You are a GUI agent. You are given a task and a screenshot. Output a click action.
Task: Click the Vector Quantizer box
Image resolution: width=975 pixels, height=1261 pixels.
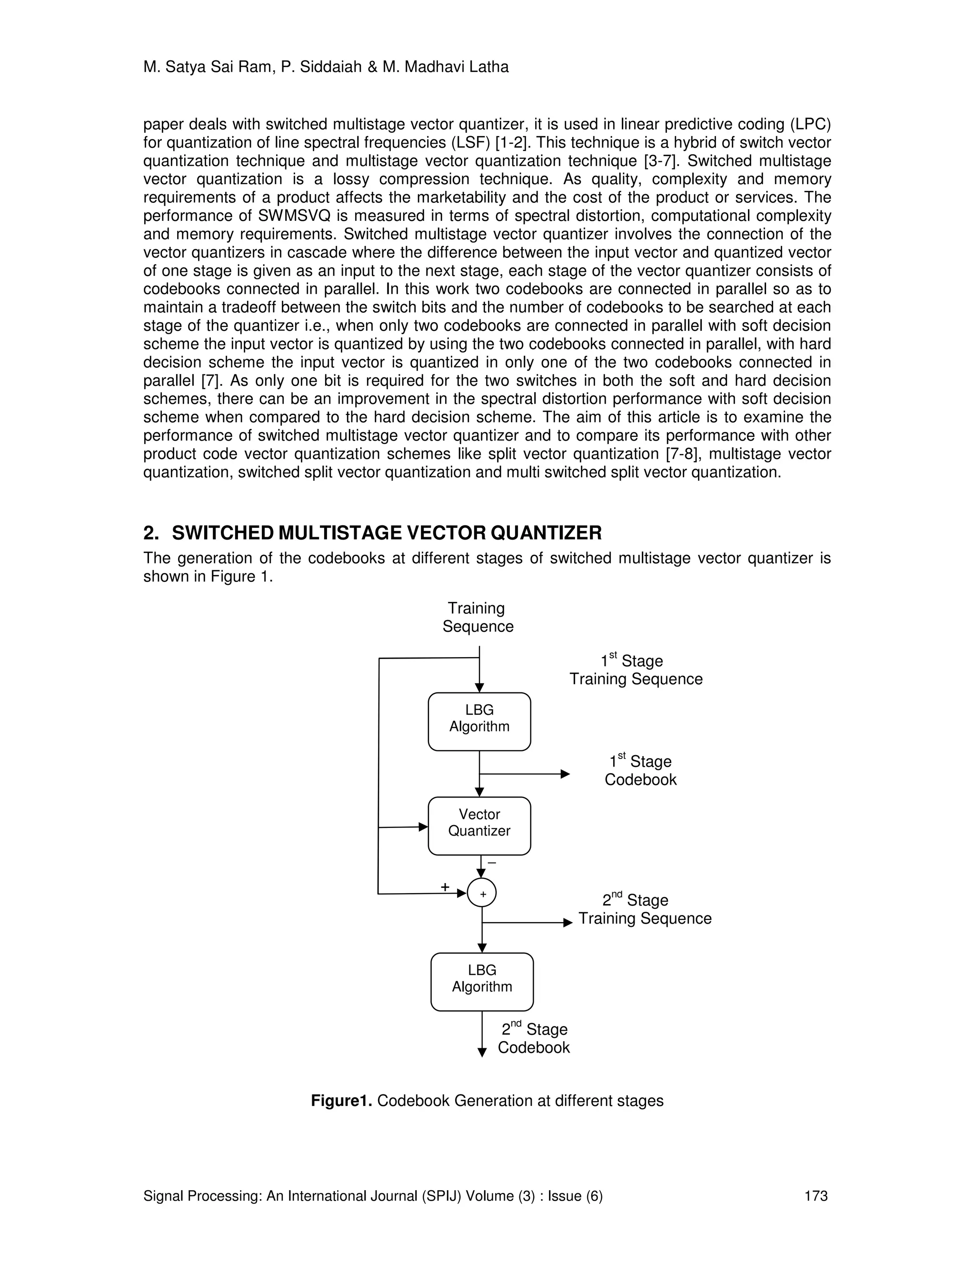(479, 826)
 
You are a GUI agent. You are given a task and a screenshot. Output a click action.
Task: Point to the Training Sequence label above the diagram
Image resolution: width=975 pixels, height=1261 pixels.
(478, 617)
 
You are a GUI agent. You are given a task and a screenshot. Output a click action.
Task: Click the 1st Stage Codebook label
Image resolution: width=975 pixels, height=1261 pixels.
(640, 771)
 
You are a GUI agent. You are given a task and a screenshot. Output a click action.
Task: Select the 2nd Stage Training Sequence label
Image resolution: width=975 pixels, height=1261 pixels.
(645, 909)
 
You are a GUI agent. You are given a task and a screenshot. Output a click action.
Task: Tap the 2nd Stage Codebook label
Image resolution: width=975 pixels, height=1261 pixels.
(534, 1038)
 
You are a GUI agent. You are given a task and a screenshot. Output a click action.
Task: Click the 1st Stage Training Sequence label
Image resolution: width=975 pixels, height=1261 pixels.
(636, 670)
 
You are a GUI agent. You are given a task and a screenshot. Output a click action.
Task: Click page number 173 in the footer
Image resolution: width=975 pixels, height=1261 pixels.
(816, 1196)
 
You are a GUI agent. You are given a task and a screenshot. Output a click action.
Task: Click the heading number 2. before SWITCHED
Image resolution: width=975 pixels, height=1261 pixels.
(151, 532)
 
